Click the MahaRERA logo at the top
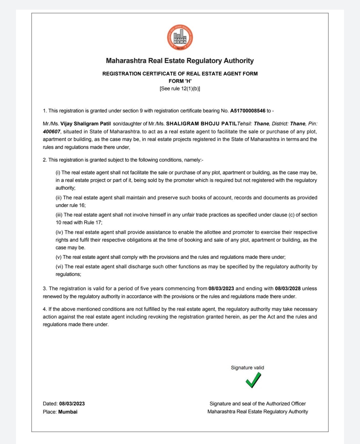pyautogui.click(x=180, y=37)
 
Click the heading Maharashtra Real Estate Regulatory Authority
pyautogui.click(x=180, y=61)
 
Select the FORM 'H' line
pyautogui.click(x=180, y=81)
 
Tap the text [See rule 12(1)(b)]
pyautogui.click(x=180, y=89)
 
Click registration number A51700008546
pyautogui.click(x=248, y=111)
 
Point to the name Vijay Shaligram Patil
pyautogui.click(x=85, y=124)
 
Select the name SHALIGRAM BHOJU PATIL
pyautogui.click(x=201, y=124)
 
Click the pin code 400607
pyautogui.click(x=52, y=132)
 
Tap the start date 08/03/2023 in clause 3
pyautogui.click(x=221, y=288)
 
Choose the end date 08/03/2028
pyautogui.click(x=288, y=288)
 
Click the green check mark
pyautogui.click(x=253, y=380)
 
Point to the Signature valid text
pyautogui.click(x=247, y=368)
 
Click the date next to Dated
pyautogui.click(x=72, y=404)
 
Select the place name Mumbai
pyautogui.click(x=68, y=412)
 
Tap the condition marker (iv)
pyautogui.click(x=59, y=232)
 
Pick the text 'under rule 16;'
pyautogui.click(x=71, y=205)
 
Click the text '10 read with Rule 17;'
pyautogui.click(x=79, y=223)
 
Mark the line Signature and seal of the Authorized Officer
pyautogui.click(x=258, y=404)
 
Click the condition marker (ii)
pyautogui.click(x=59, y=198)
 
